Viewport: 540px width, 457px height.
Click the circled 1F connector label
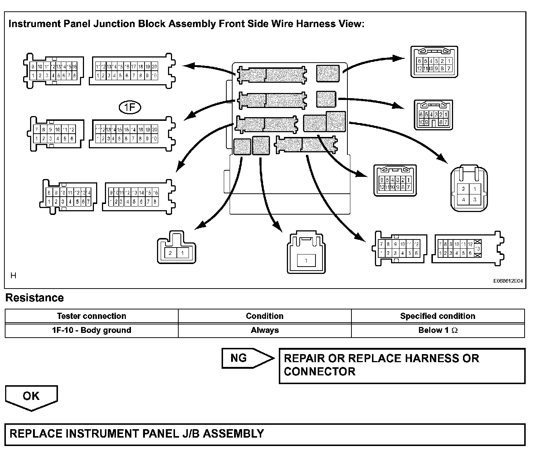(130, 107)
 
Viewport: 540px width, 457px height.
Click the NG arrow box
(247, 358)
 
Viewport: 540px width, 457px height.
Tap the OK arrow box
(31, 397)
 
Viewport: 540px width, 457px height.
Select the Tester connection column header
(91, 316)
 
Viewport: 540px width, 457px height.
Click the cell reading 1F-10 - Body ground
(91, 330)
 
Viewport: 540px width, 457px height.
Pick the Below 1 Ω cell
(438, 330)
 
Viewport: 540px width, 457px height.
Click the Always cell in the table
(264, 330)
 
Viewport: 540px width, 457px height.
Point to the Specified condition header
(438, 316)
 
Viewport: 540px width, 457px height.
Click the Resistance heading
(34, 298)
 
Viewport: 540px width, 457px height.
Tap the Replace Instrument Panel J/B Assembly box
(264, 434)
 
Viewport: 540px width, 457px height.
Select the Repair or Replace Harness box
(402, 365)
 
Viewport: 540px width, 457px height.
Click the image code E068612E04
(508, 281)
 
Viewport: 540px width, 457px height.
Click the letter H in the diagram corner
(13, 275)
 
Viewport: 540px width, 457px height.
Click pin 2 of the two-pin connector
(170, 253)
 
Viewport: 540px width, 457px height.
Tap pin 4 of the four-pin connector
(464, 200)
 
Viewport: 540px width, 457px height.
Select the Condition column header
(264, 316)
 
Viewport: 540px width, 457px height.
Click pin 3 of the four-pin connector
(475, 200)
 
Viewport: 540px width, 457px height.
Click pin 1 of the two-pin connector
(182, 253)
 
